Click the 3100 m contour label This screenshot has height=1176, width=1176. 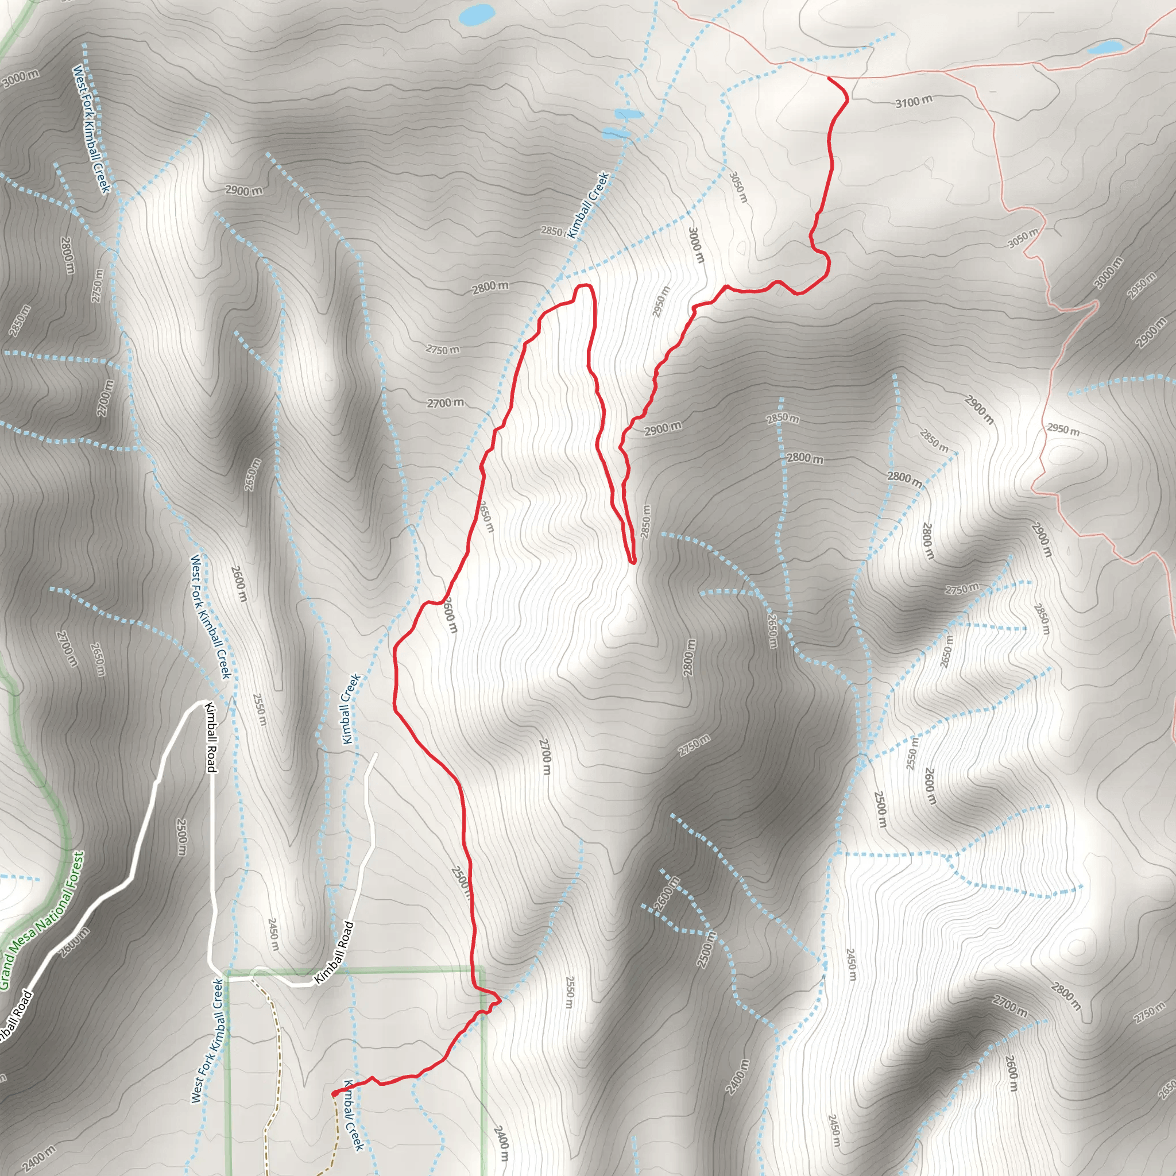tap(913, 101)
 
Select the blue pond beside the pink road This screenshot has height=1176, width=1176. tap(1105, 47)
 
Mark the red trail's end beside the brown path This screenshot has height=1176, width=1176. tap(334, 1094)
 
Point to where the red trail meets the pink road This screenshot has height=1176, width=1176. tap(829, 78)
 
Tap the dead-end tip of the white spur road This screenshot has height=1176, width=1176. tap(376, 755)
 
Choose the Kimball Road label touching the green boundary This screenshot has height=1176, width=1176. tap(334, 953)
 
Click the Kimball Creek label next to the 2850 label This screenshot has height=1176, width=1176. tap(588, 205)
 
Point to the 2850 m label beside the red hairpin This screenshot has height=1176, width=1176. tap(646, 521)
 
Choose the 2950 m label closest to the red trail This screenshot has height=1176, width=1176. tap(661, 301)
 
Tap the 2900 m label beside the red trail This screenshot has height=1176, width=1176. tap(663, 429)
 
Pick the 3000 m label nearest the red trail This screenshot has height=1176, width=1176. tap(697, 245)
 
